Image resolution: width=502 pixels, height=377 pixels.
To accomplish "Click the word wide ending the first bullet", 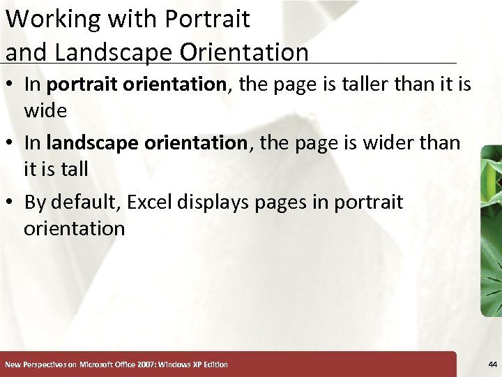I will coord(45,110).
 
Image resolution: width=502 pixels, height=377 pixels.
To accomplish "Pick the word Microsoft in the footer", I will coord(100,364).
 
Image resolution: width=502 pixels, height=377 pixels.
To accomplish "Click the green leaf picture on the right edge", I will coord(492,230).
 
